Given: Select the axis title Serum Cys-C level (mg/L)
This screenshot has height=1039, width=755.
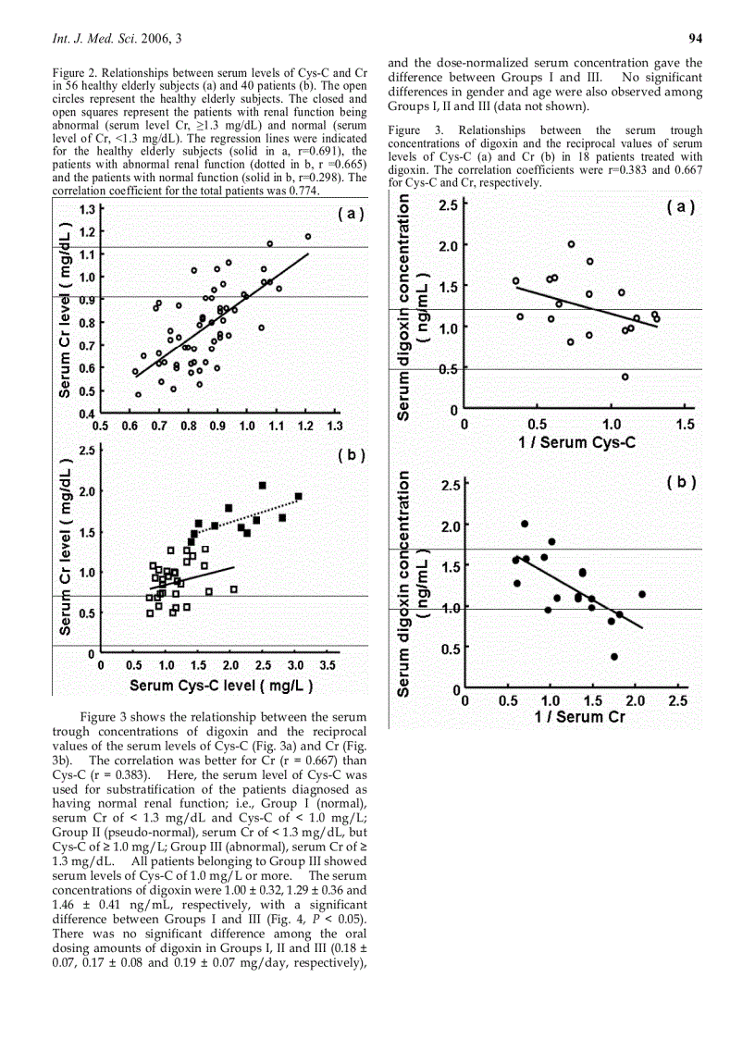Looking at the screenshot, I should pos(221,686).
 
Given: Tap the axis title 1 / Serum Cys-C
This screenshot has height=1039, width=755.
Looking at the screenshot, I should pos(576,443).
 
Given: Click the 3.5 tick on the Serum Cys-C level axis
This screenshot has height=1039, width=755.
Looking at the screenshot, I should pos(327,665).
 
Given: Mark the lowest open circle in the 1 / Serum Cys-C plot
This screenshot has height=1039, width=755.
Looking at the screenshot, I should pos(625,377).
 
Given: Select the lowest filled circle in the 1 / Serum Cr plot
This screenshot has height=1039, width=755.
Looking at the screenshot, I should pos(614,657).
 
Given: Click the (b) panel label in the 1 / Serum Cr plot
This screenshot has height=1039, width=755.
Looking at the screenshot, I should pos(681,482).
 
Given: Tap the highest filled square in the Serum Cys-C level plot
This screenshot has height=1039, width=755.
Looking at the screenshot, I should pos(262,486).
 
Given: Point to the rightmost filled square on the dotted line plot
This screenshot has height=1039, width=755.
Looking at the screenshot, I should pos(299,497).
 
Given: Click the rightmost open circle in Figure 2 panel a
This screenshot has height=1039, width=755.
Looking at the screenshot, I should pos(308,237).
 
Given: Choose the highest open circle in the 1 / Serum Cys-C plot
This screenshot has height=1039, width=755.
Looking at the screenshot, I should pos(572,244).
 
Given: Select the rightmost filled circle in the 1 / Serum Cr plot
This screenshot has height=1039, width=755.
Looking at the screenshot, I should pos(641,594).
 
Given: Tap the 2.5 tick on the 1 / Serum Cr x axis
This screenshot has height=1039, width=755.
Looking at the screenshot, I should pos(677,701).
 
